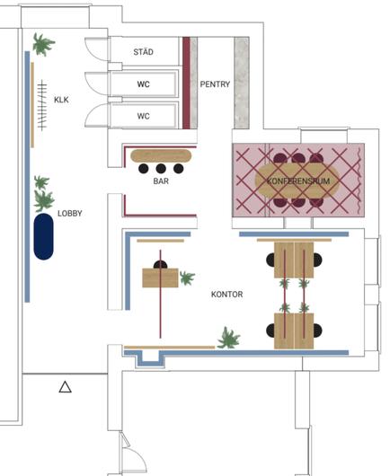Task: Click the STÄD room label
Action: click(x=143, y=51)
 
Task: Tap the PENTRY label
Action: click(x=215, y=84)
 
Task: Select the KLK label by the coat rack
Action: click(x=61, y=100)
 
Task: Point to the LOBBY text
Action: click(x=70, y=213)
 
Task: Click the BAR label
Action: click(x=161, y=181)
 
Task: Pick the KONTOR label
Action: click(x=226, y=295)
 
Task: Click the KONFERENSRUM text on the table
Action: click(x=298, y=181)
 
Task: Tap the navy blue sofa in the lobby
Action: click(x=43, y=236)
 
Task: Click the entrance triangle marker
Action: click(x=65, y=387)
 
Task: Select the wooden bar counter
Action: click(x=161, y=155)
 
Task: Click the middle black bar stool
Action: click(x=161, y=169)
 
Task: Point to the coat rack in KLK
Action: click(x=42, y=105)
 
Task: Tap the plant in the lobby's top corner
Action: click(x=43, y=45)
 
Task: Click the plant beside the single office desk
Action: click(x=187, y=278)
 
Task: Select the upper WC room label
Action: click(x=143, y=84)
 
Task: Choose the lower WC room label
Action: click(x=143, y=116)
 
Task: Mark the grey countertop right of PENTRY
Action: click(x=242, y=83)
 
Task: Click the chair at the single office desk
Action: click(x=160, y=264)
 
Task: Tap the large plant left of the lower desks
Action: click(x=228, y=338)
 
